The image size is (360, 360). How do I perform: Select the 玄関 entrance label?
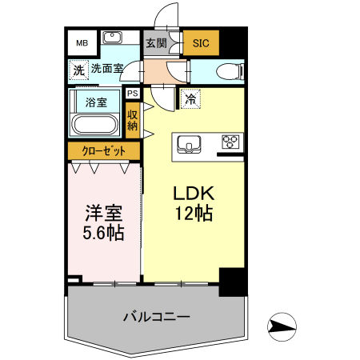coord(155,43)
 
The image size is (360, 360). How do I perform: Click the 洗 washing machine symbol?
coord(78,70)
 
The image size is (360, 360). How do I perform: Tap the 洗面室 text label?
coord(106,70)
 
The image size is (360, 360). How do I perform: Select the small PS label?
coord(131,93)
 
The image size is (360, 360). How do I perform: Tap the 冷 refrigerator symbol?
coord(190,99)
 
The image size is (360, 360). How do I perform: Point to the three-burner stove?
coord(230,142)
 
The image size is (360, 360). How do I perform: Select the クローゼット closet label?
coord(102,151)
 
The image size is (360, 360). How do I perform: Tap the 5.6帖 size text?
coord(103,234)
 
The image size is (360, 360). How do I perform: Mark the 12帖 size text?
coord(193,214)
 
